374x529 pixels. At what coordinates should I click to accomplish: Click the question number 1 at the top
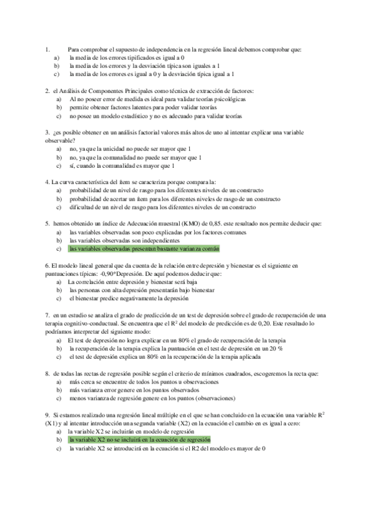[x=47, y=49]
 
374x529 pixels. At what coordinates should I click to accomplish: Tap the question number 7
[x=47, y=315]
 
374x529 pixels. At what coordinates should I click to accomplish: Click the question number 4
[x=47, y=182]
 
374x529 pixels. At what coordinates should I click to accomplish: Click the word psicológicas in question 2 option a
[x=229, y=99]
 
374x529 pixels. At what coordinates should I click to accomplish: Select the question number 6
[x=47, y=265]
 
